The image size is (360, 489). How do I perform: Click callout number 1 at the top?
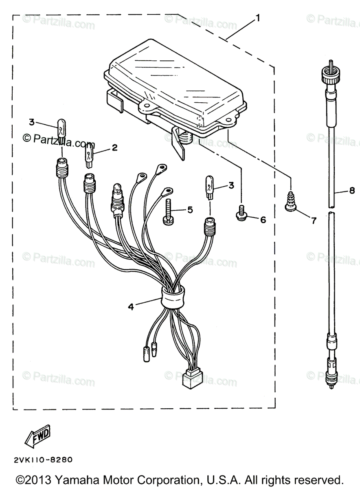pyautogui.click(x=257, y=18)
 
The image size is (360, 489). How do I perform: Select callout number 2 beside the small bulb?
pyautogui.click(x=114, y=148)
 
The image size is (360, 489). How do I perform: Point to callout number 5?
pyautogui.click(x=190, y=210)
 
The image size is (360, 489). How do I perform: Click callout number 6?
pyautogui.click(x=263, y=220)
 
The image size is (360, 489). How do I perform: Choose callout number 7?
pyautogui.click(x=313, y=221)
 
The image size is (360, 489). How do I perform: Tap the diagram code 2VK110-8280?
pyautogui.click(x=43, y=460)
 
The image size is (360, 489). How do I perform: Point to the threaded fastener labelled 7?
pyautogui.click(x=291, y=202)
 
